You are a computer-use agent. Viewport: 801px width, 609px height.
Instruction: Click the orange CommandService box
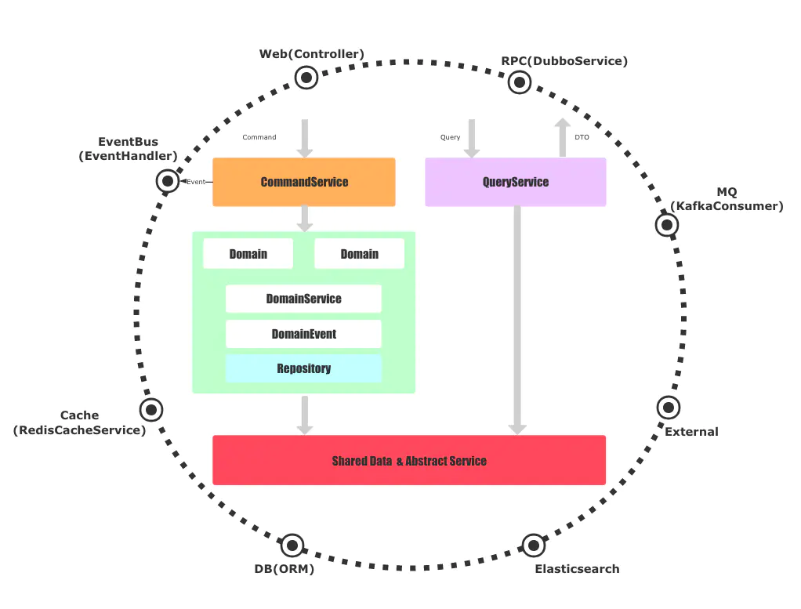(304, 182)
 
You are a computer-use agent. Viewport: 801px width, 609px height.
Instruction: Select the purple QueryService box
(515, 182)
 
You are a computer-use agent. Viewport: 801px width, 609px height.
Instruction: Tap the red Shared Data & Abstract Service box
(409, 460)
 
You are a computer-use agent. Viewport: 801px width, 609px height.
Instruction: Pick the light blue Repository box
(303, 368)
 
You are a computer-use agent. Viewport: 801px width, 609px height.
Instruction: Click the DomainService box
(303, 299)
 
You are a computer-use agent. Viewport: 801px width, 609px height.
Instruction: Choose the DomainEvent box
(303, 334)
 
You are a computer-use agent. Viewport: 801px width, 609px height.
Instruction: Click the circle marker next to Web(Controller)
(306, 77)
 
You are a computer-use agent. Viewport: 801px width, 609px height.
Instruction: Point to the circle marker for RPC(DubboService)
(519, 82)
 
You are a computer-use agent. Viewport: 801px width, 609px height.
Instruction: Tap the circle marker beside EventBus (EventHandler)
(167, 182)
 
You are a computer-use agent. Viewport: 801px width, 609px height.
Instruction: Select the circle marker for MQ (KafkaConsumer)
(666, 225)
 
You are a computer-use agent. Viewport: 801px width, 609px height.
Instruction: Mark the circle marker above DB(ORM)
(292, 545)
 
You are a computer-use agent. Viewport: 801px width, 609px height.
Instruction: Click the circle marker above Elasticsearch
(533, 545)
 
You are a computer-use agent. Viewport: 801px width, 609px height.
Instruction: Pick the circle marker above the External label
(668, 407)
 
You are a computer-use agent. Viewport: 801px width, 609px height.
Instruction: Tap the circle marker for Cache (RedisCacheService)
(150, 409)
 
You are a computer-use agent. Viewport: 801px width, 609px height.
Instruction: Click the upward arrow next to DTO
(562, 138)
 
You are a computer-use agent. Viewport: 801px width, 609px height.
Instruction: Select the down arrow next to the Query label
(472, 138)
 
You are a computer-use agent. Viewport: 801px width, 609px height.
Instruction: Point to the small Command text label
(259, 137)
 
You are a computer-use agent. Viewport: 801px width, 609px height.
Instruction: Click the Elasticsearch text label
(577, 569)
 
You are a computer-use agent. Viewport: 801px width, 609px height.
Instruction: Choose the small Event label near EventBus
(196, 182)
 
